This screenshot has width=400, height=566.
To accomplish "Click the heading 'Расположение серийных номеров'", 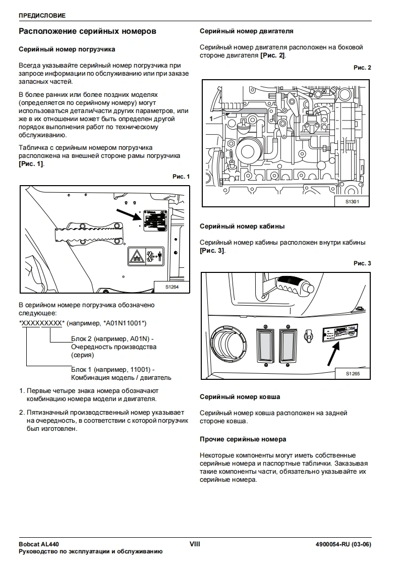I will tap(87, 31).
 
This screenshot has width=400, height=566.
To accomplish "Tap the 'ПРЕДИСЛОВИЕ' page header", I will tap(42, 16).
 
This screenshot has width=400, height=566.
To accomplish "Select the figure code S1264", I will tap(172, 287).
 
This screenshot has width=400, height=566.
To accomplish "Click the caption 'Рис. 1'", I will tap(181, 177).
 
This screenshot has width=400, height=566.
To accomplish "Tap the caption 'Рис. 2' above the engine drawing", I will tap(362, 68).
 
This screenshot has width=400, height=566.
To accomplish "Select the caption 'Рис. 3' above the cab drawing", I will tap(362, 263).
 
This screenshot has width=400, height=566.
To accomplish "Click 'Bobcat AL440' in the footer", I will tap(39, 545).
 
